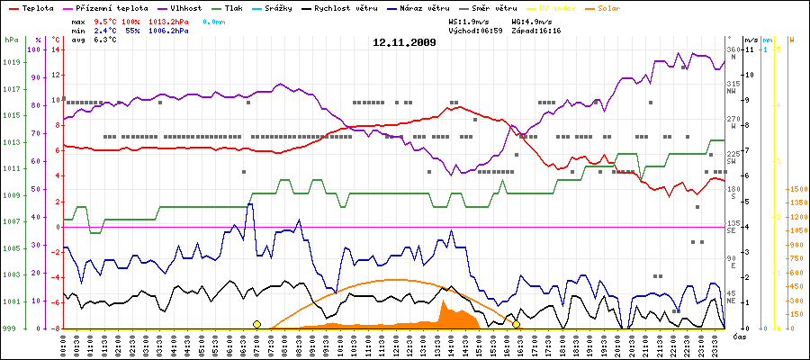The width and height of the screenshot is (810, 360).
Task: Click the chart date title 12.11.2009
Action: pos(405,42)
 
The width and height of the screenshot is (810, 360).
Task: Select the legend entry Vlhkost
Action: pos(187,7)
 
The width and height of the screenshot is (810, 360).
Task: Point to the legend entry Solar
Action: pos(608,7)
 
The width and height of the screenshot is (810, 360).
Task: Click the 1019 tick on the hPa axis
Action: pos(12,62)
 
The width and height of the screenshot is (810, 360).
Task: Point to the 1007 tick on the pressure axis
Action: pos(12,221)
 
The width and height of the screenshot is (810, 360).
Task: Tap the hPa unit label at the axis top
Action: pos(11,40)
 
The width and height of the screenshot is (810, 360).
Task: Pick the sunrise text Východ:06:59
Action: pos(474,31)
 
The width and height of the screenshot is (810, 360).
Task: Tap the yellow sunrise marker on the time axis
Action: pos(256,324)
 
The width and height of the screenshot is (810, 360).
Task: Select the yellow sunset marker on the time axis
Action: pos(516,324)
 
